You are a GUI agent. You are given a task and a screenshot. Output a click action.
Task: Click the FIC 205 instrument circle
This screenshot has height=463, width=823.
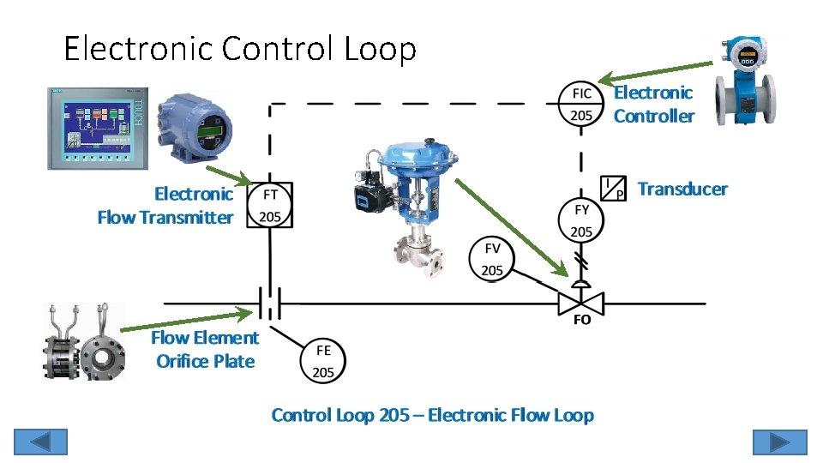pos(581,104)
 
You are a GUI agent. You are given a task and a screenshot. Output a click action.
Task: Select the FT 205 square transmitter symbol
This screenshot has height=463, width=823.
pos(270,206)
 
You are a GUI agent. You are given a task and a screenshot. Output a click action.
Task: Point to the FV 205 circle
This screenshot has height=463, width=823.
pos(492,259)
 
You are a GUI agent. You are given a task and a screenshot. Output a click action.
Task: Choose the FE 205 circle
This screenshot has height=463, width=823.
pos(323,361)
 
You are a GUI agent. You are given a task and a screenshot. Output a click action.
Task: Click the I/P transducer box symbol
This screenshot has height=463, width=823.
pos(614,187)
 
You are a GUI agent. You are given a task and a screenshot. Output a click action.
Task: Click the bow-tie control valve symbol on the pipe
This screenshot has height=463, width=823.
pos(581,303)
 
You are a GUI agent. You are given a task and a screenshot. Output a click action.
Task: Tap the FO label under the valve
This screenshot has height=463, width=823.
pos(581,321)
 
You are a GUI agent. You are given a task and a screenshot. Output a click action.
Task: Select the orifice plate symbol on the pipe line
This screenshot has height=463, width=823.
pos(270,303)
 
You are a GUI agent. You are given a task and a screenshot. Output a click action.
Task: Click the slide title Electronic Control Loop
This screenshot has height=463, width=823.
pos(240,49)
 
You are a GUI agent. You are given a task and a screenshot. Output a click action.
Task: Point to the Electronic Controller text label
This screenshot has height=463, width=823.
pos(653,104)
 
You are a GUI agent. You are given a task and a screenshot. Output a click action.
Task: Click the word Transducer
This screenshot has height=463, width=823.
pos(682,189)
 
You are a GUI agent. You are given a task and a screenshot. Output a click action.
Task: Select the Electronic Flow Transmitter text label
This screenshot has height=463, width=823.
pos(165,206)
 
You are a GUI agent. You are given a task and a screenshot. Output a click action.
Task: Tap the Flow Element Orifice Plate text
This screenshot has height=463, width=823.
pos(205,350)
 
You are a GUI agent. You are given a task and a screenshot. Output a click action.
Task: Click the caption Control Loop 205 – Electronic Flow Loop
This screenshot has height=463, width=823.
pos(432,415)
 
